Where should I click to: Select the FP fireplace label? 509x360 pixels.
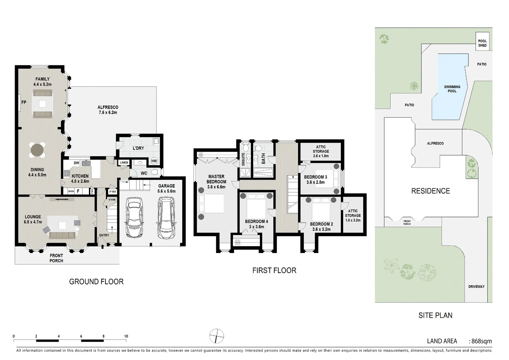coord(24,102)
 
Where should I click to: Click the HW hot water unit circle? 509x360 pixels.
coord(154,161)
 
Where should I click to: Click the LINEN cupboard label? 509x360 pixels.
coord(124,163)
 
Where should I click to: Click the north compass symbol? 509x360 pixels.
coord(217,336)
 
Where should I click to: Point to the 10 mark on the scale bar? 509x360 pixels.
coord(126,336)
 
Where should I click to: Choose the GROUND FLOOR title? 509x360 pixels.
coord(96,282)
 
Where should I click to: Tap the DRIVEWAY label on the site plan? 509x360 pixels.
coord(476,287)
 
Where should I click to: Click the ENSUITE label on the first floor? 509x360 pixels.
coord(243,159)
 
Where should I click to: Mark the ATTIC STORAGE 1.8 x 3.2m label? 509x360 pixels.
coord(353,215)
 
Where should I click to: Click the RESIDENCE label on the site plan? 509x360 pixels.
coord(430,191)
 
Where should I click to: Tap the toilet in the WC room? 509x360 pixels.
coord(154,172)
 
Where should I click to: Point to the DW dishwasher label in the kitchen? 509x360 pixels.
coord(76,163)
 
